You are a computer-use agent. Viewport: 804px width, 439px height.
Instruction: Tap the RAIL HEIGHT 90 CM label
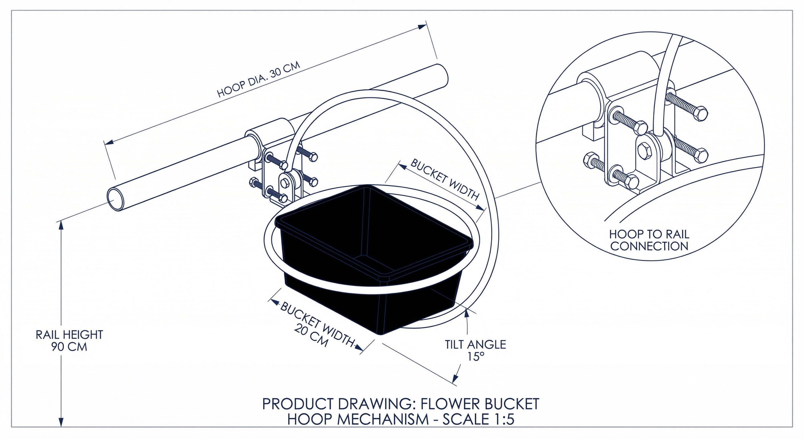[69, 341]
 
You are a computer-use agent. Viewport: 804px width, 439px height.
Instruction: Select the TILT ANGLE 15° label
[475, 350]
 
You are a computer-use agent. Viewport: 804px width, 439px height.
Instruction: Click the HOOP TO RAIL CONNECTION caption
[649, 240]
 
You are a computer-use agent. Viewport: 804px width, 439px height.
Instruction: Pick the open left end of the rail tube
[115, 199]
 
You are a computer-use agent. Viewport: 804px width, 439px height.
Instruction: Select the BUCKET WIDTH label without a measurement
[445, 180]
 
